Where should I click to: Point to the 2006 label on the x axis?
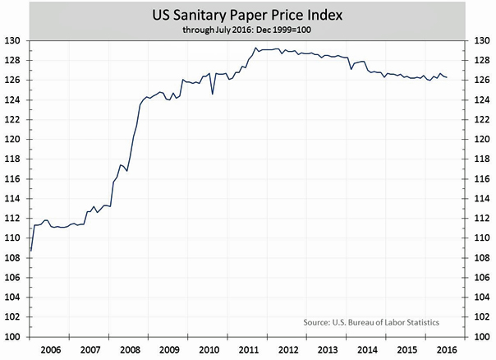(51, 350)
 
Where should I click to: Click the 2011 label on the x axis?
(252, 350)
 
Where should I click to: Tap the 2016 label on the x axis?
(448, 350)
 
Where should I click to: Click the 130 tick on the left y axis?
(11, 41)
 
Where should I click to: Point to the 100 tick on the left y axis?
(11, 337)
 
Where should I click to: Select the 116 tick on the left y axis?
(11, 179)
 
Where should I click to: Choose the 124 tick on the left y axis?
(11, 100)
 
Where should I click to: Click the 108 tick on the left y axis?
(11, 258)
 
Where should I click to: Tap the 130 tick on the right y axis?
(483, 41)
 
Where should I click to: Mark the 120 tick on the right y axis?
(483, 140)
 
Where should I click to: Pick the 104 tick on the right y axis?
(483, 298)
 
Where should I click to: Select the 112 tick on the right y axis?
(483, 219)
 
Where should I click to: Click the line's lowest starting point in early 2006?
(31, 250)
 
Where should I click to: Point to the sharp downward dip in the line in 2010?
(213, 94)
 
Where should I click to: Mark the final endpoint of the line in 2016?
(447, 77)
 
